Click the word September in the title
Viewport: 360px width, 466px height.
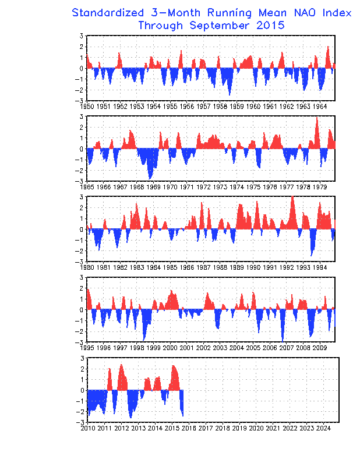coord(221,25)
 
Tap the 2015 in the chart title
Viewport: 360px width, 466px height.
coord(269,25)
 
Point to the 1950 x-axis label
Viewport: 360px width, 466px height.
coord(87,106)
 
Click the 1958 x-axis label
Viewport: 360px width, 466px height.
coord(220,106)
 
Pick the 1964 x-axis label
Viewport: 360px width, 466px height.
coord(319,106)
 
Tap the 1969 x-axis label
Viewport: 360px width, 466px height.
coord(153,187)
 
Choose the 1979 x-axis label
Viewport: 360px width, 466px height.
coord(319,187)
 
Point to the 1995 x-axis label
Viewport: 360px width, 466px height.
coord(87,348)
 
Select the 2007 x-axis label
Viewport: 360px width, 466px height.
coord(286,348)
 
